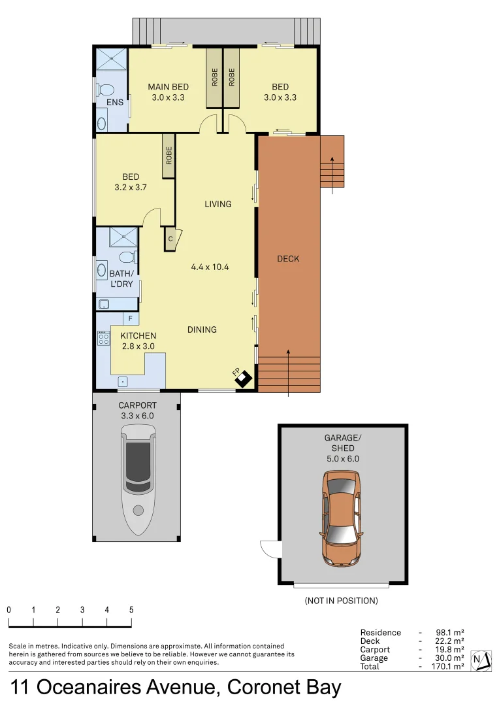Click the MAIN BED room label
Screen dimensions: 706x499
[x=168, y=87]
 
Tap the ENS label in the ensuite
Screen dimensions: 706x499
[x=115, y=103]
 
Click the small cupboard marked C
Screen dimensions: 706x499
[x=170, y=239]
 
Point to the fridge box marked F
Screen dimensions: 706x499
[x=131, y=318]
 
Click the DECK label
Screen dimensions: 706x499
[x=288, y=259]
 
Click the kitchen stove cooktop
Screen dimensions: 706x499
[x=103, y=338]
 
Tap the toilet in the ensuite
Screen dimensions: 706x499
[x=106, y=90]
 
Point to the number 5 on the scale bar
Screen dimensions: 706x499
[x=131, y=610]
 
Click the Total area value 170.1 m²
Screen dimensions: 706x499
[x=449, y=666]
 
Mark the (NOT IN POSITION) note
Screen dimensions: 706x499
[x=341, y=600]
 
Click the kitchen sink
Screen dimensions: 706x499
[x=121, y=380]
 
